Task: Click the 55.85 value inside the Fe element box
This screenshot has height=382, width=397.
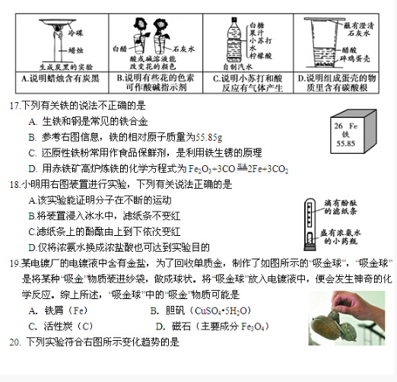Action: coord(345,143)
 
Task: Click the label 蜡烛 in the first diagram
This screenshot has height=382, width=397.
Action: coord(74,49)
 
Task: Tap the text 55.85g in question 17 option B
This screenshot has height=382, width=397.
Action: coord(208,136)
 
